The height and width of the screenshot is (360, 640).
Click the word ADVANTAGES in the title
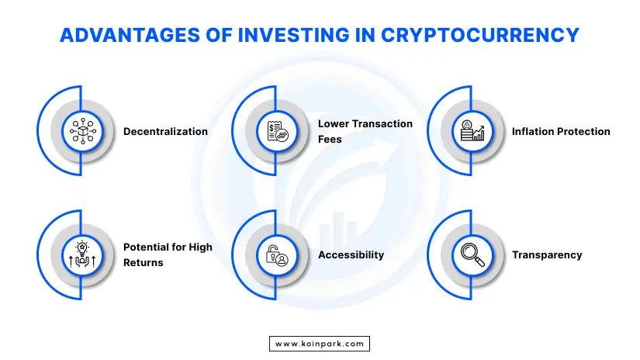[130, 35]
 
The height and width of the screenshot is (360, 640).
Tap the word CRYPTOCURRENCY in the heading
[480, 35]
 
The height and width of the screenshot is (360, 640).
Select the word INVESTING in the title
[293, 35]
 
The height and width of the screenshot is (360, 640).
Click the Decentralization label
[165, 131]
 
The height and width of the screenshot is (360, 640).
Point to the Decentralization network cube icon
[82, 131]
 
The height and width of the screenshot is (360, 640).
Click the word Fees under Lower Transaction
[330, 139]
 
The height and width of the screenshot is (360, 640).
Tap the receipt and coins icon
[278, 131]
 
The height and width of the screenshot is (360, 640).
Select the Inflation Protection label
[561, 131]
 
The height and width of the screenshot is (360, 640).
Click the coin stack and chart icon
[472, 130]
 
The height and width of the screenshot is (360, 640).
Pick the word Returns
[144, 262]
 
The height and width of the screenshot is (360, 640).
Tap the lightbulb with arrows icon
[82, 254]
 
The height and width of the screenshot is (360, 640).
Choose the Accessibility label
[351, 255]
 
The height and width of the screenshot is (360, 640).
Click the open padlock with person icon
[277, 255]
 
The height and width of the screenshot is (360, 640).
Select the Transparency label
[547, 255]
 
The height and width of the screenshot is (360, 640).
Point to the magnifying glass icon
[472, 254]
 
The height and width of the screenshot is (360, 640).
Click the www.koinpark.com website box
[320, 344]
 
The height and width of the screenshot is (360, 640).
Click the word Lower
[334, 123]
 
